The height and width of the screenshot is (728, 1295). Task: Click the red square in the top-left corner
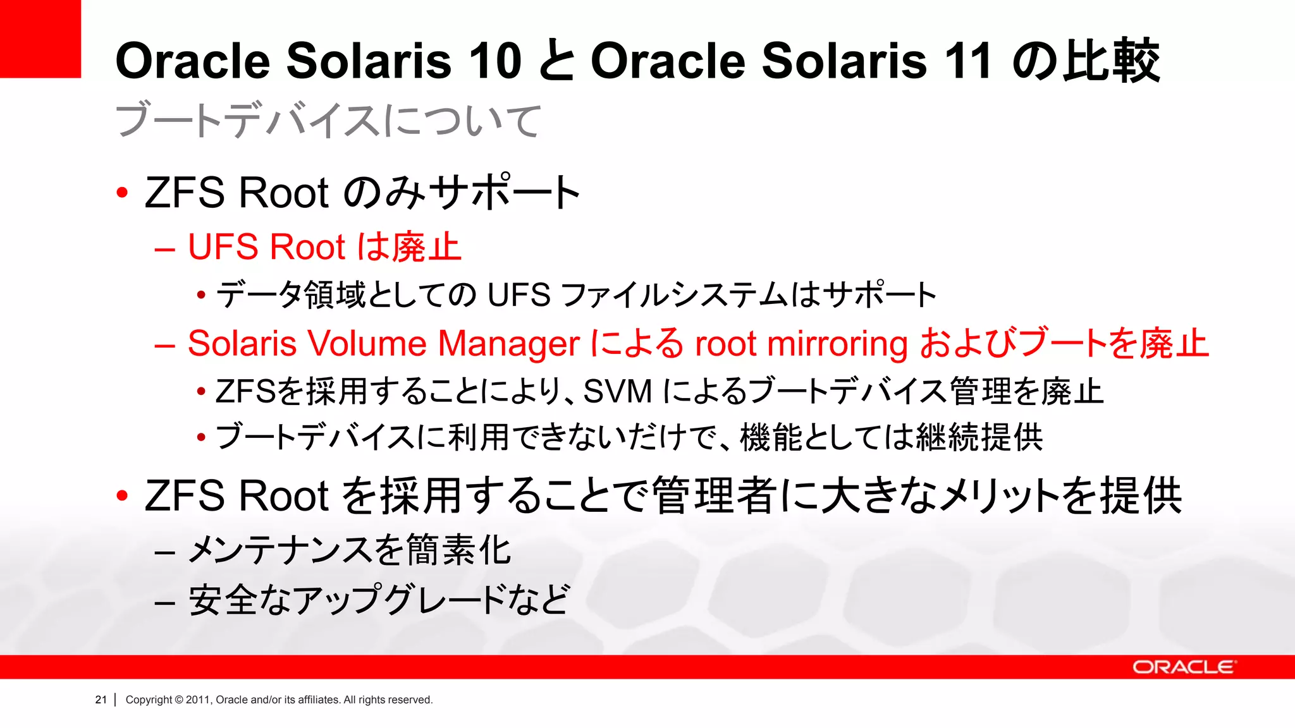pyautogui.click(x=40, y=39)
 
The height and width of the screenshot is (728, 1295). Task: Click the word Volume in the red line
pyautogui.click(x=369, y=344)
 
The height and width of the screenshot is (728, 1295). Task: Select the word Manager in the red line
pyautogui.click(x=508, y=344)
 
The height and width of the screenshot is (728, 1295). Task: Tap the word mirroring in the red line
pyautogui.click(x=837, y=344)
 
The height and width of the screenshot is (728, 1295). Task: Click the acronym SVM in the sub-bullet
pyautogui.click(x=617, y=391)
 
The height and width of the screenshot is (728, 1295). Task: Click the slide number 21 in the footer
pyautogui.click(x=101, y=700)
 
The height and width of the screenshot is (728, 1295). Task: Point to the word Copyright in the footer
pyautogui.click(x=149, y=700)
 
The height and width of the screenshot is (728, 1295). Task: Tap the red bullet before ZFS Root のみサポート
pyautogui.click(x=123, y=192)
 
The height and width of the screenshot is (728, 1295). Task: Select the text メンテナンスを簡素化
pyautogui.click(x=350, y=550)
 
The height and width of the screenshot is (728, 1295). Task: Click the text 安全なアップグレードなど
pyautogui.click(x=379, y=600)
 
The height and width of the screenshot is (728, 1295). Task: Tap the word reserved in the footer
pyautogui.click(x=412, y=700)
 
